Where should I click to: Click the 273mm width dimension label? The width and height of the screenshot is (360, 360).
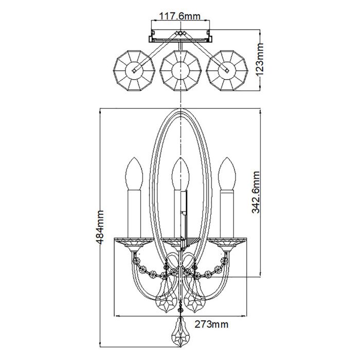pos(211,324)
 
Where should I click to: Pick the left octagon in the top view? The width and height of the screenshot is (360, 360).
pos(133,69)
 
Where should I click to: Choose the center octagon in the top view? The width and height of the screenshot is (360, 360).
pos(179,69)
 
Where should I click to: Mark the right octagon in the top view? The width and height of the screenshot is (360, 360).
pos(225,69)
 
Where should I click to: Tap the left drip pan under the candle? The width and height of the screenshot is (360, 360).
pos(133,241)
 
